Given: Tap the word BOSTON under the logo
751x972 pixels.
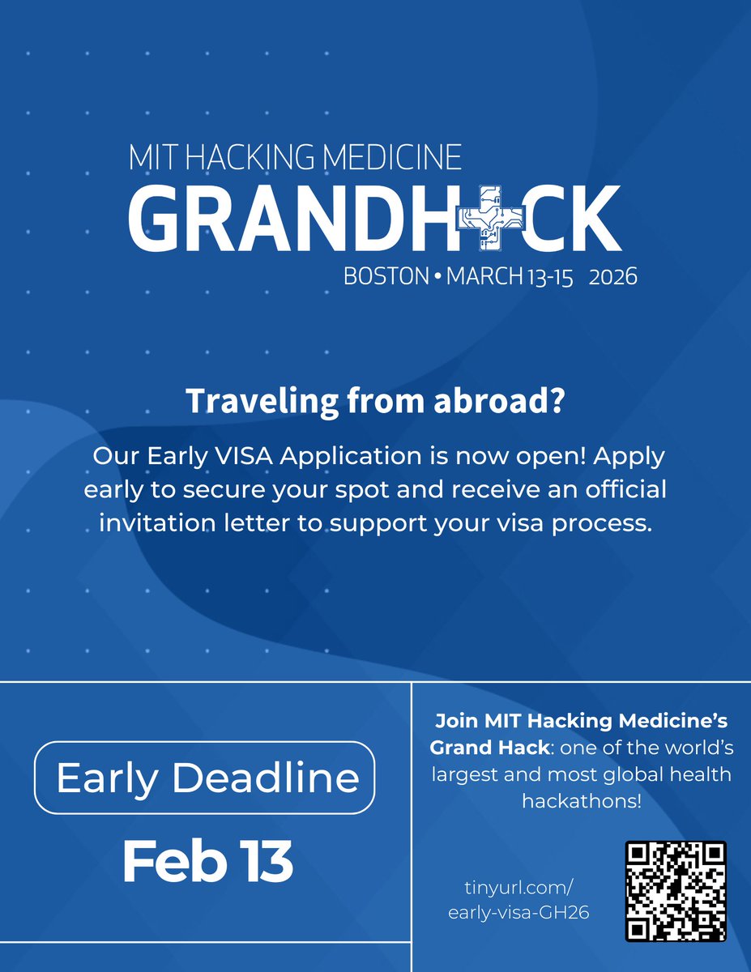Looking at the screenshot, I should (386, 277).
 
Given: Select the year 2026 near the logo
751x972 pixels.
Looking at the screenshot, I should (612, 277).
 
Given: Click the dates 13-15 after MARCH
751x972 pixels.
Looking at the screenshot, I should (550, 277).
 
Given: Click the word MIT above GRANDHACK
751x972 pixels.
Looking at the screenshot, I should (151, 158).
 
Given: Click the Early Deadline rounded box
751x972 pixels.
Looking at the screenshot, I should (206, 778).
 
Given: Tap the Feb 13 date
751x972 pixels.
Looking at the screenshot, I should (207, 863).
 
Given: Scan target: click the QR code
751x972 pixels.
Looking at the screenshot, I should (675, 891).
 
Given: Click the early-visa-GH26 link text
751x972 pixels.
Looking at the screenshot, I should (518, 912).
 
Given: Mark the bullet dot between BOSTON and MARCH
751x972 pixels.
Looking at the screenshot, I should (437, 277).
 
